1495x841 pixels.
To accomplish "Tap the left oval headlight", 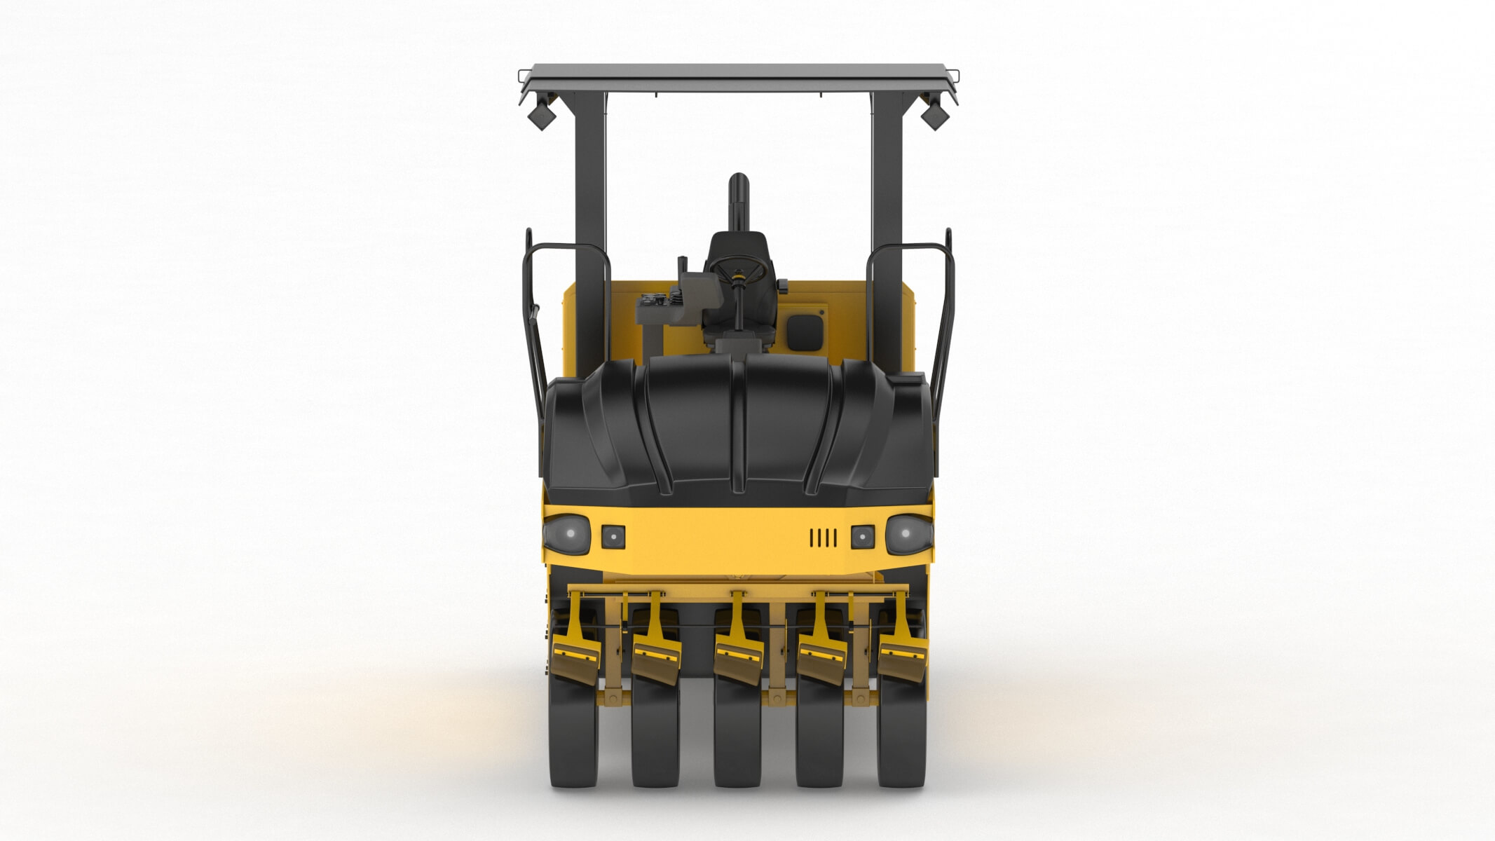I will click(567, 534).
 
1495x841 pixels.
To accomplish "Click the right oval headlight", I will click(908, 534).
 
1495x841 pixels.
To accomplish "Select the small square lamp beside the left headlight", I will click(613, 537).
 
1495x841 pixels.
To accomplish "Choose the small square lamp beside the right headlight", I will click(862, 537).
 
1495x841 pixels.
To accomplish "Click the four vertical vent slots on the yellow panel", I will click(824, 538).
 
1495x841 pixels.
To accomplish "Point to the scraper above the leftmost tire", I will click(576, 655).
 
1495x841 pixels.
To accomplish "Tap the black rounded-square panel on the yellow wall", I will click(804, 331).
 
